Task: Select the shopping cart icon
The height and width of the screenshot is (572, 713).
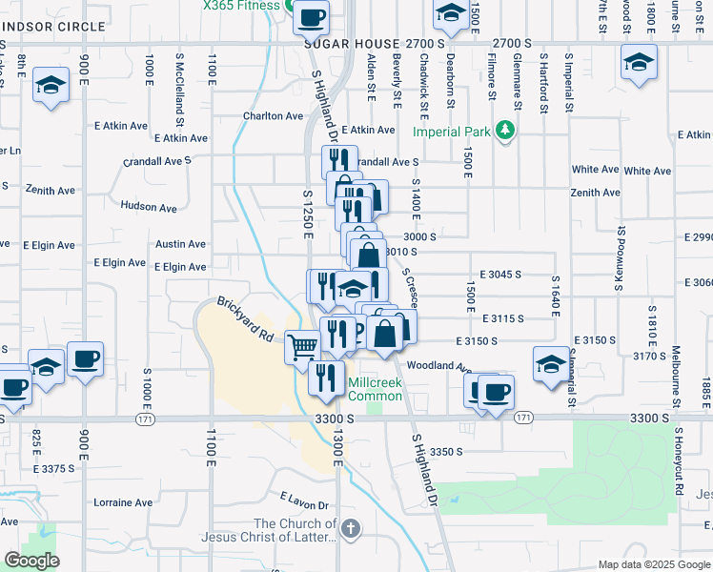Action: pos(303,345)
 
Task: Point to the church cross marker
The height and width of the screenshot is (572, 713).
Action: pos(350,528)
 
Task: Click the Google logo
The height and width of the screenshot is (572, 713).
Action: pos(31,562)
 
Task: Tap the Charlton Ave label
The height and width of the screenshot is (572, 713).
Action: pos(273,116)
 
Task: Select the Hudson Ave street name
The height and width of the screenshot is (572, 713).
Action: pos(149,207)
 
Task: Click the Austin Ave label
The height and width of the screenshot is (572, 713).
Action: pos(181,245)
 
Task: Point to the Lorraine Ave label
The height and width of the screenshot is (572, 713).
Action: pos(123,502)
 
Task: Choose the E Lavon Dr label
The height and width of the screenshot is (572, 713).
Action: pos(304,501)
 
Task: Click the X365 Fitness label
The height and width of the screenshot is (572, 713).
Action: pos(240,6)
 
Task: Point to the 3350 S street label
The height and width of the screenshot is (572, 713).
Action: pos(445,452)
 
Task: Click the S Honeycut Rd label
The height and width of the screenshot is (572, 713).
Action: pos(679,457)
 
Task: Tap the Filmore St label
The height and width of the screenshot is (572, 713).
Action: pos(492,76)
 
